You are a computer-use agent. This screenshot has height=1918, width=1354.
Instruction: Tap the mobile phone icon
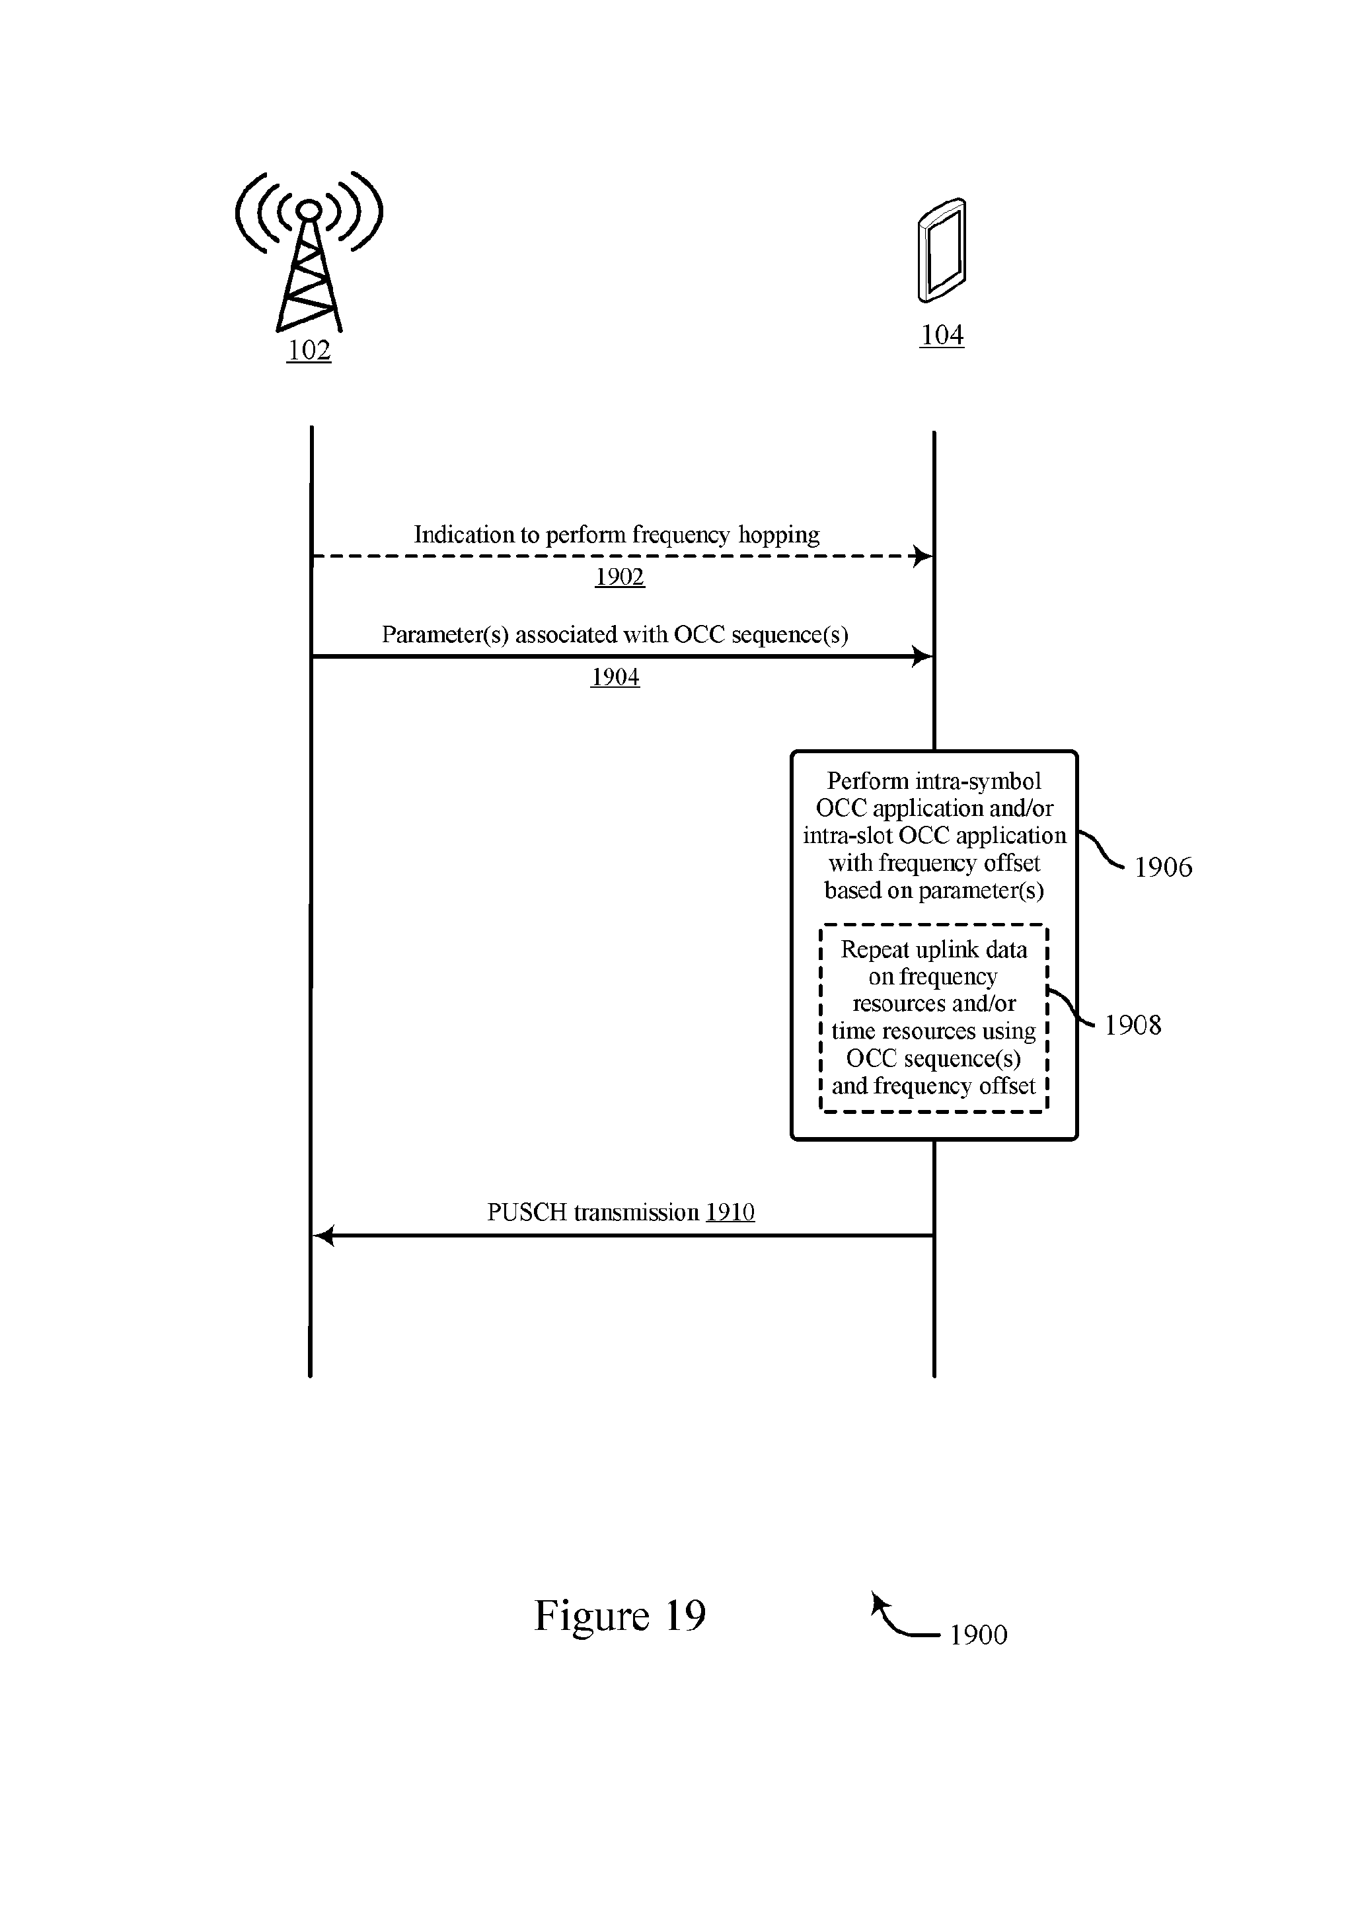(942, 250)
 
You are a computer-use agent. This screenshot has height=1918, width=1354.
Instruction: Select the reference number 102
(309, 350)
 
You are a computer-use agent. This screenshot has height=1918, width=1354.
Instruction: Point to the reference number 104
(942, 335)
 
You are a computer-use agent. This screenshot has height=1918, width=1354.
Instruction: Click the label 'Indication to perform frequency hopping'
(617, 535)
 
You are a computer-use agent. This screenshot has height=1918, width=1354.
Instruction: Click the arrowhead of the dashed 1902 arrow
(923, 556)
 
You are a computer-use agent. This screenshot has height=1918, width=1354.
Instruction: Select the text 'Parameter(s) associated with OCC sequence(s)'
(615, 635)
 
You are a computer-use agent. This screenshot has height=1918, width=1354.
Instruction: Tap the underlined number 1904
(616, 677)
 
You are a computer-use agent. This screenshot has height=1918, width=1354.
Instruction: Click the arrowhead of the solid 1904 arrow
(923, 657)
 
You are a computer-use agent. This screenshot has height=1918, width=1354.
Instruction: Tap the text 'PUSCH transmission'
(593, 1212)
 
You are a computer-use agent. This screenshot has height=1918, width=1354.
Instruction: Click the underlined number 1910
(730, 1212)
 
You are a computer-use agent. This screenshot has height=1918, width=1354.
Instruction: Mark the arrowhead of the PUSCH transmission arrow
(323, 1236)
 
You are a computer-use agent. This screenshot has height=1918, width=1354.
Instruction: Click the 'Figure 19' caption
(620, 1615)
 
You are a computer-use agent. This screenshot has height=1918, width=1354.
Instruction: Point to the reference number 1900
(979, 1635)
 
